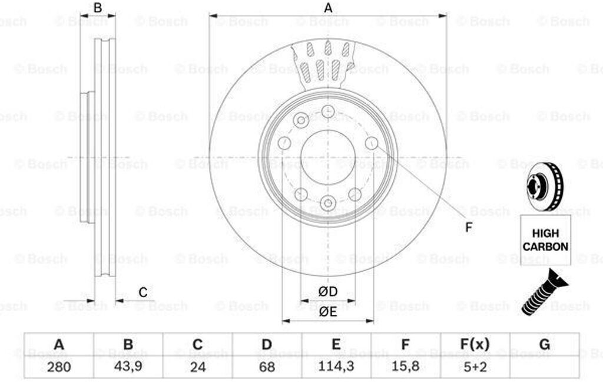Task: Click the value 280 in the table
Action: coord(59,366)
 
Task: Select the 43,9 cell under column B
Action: coord(128,366)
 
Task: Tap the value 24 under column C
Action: coord(198,366)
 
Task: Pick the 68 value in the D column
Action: coord(267,366)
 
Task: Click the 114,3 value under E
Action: coord(336,366)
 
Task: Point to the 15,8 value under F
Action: coord(405,366)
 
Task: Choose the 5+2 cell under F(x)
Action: coord(475,366)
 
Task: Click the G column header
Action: coord(545,344)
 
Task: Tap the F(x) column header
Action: coord(475,344)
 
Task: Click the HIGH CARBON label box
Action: coord(545,240)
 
